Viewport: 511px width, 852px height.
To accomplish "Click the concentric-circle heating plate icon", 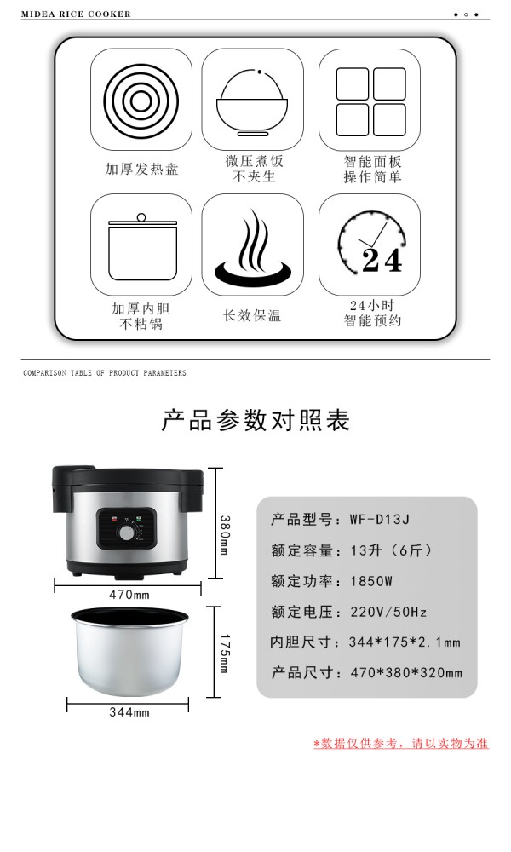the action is [x=141, y=100].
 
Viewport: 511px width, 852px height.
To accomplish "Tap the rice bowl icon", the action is [x=252, y=103].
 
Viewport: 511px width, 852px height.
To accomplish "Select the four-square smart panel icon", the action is [x=370, y=101].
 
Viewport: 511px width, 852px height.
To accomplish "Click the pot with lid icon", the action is [x=142, y=246].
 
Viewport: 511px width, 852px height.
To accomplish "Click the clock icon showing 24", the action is [x=371, y=242].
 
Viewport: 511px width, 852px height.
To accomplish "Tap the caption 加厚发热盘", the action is [x=141, y=169].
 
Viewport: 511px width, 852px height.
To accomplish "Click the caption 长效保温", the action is [x=252, y=315].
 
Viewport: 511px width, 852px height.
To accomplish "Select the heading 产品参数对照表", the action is [x=255, y=420].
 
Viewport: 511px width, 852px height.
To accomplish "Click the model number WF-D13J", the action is [x=380, y=519].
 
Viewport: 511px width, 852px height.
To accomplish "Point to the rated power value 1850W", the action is [x=370, y=581].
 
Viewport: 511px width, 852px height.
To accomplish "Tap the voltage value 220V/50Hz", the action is [x=388, y=612].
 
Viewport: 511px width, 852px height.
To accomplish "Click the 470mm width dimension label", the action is [x=129, y=595].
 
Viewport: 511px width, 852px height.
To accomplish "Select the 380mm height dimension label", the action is [x=224, y=535].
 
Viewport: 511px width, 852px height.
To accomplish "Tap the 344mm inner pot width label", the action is [x=129, y=711].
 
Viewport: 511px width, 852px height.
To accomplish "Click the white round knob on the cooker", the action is [x=127, y=533].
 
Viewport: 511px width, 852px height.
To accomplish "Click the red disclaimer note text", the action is [x=401, y=743].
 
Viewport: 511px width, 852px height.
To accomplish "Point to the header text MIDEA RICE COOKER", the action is [x=76, y=14].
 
